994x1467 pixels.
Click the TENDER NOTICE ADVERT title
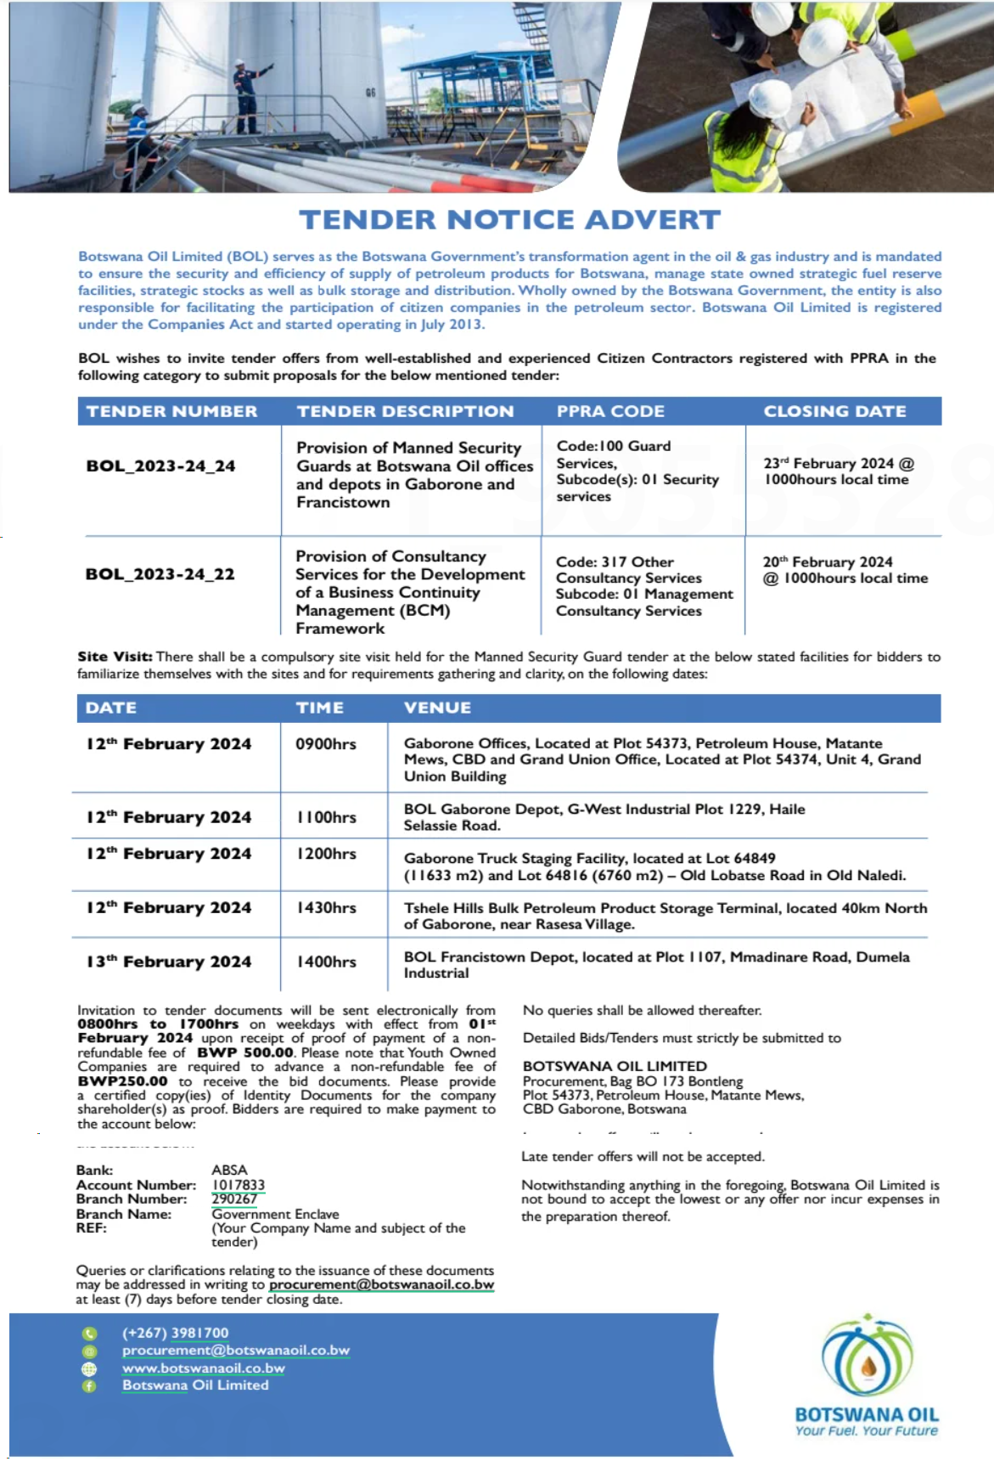(509, 220)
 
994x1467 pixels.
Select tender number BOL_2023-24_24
(160, 465)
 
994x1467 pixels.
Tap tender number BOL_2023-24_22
(160, 574)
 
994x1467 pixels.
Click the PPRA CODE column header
(610, 411)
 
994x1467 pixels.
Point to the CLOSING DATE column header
(834, 411)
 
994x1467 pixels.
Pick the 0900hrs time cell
(325, 744)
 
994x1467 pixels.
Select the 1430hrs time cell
(326, 907)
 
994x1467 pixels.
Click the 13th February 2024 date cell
(168, 962)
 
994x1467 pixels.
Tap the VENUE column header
(437, 708)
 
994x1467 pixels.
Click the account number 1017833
(238, 1184)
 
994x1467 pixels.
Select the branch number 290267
(234, 1199)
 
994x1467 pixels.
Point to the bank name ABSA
(229, 1170)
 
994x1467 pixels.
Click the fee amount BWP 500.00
(245, 1052)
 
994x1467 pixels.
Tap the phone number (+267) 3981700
(175, 1333)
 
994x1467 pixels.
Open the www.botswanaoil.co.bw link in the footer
(203, 1368)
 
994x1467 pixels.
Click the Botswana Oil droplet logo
(867, 1357)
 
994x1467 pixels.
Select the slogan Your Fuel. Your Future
(866, 1430)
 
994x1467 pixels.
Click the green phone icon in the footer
(89, 1334)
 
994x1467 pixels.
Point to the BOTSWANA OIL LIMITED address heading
(615, 1066)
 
